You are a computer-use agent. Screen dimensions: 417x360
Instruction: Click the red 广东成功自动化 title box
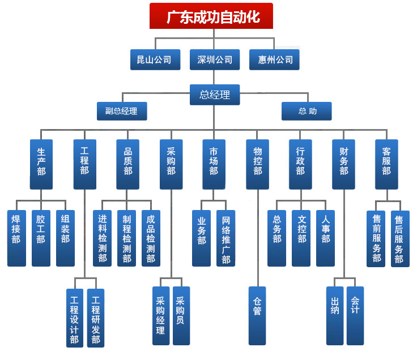pyautogui.click(x=211, y=16)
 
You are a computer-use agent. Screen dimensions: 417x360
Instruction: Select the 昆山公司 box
pyautogui.click(x=155, y=60)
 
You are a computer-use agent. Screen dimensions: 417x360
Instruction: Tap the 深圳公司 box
pyautogui.click(x=215, y=60)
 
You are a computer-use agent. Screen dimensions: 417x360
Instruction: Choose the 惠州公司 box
pyautogui.click(x=274, y=60)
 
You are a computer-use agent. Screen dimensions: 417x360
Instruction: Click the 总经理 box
pyautogui.click(x=215, y=95)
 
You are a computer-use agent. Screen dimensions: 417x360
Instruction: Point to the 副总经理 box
pyautogui.click(x=122, y=111)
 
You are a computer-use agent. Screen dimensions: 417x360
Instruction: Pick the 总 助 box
pyautogui.click(x=307, y=111)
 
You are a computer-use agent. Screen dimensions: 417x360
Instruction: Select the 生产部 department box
pyautogui.click(x=41, y=165)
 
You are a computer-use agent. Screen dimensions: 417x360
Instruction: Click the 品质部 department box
pyautogui.click(x=127, y=165)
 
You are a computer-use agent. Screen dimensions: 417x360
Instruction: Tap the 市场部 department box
pyautogui.click(x=214, y=165)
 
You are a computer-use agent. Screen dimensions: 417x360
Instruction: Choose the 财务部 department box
pyautogui.click(x=343, y=165)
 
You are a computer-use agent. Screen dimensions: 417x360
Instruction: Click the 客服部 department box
pyautogui.click(x=386, y=165)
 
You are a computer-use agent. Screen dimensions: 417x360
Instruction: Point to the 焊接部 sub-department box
pyautogui.click(x=16, y=238)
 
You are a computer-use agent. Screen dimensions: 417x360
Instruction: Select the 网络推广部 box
pyautogui.click(x=226, y=238)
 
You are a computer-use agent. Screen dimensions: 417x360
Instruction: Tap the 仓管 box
pyautogui.click(x=257, y=316)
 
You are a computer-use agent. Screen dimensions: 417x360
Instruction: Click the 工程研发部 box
pyautogui.click(x=96, y=318)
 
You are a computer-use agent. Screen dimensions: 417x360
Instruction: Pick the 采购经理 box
pyautogui.click(x=161, y=316)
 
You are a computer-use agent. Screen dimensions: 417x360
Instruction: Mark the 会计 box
pyautogui.click(x=355, y=316)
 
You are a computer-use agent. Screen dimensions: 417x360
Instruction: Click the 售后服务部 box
pyautogui.click(x=400, y=239)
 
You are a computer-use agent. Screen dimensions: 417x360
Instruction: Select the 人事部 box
pyautogui.click(x=326, y=238)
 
